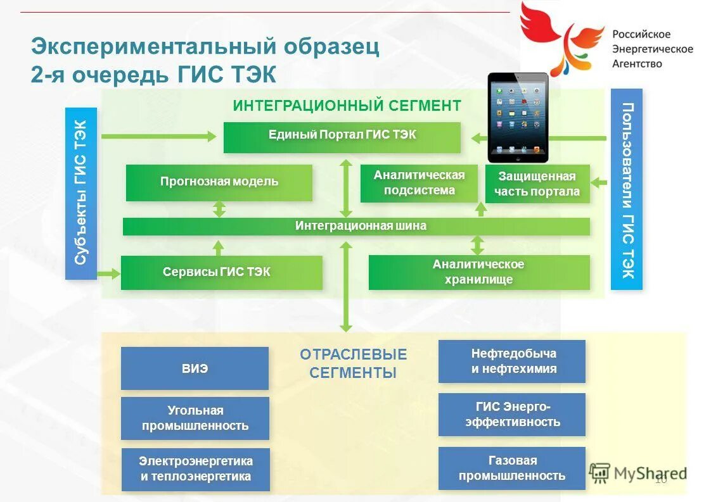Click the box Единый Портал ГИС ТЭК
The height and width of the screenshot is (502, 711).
(342, 137)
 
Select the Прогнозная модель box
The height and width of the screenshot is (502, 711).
(219, 183)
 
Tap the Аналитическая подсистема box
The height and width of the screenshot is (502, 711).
(419, 184)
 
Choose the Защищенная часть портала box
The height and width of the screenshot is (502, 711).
(537, 184)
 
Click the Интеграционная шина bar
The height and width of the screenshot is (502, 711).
(356, 227)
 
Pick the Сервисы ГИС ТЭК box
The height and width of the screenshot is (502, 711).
(221, 273)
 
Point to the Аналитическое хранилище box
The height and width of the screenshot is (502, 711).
(479, 273)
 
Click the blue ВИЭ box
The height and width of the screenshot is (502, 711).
(195, 368)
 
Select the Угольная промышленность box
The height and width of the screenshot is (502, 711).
(195, 418)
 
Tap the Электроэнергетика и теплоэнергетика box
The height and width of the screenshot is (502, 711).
(195, 469)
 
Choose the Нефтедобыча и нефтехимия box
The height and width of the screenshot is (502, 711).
(512, 361)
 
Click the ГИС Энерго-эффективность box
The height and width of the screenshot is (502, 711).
(512, 414)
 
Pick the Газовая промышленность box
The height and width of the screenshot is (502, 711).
(512, 468)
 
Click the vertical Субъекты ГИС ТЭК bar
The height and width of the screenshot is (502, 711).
(80, 193)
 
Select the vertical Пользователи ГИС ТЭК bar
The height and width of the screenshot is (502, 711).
(627, 189)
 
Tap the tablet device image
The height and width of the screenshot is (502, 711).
(518, 118)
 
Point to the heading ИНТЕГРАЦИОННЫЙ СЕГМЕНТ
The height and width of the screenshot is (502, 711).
(347, 105)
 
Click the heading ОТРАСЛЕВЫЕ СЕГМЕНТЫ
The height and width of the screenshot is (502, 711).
(353, 363)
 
